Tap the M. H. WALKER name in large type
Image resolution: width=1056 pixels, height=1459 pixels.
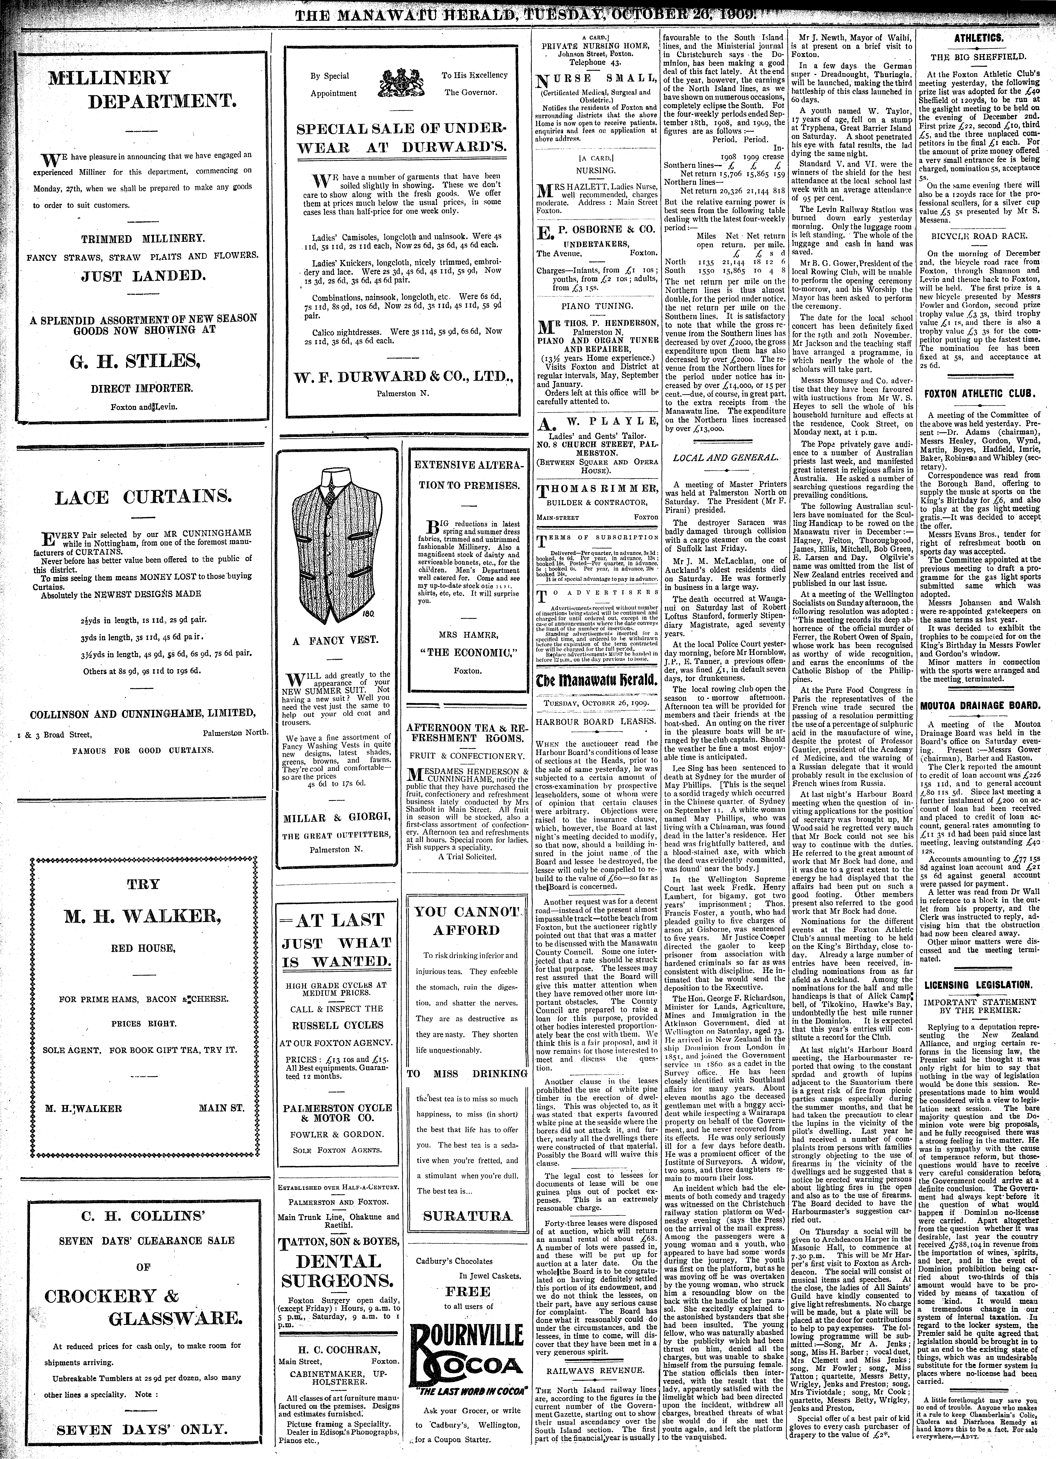(x=143, y=915)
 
